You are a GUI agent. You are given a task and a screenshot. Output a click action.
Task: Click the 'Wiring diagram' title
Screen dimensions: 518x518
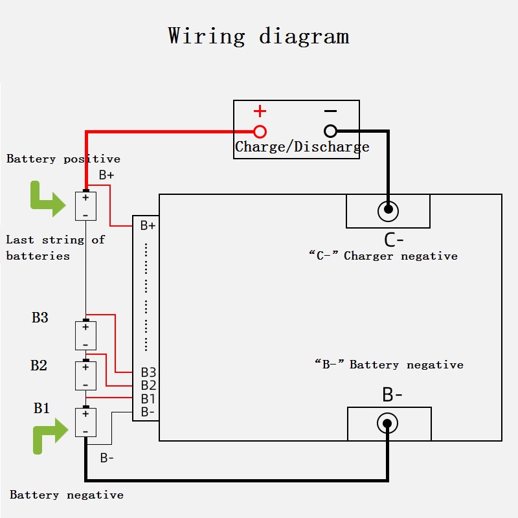point(258,36)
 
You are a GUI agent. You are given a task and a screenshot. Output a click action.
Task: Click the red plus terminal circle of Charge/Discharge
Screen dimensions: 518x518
point(260,131)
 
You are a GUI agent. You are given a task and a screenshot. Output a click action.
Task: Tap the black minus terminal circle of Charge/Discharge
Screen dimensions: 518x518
point(330,131)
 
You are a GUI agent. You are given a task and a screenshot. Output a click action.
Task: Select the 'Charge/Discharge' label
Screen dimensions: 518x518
point(302,147)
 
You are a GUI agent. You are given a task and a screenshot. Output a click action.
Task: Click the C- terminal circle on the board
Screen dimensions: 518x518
point(388,210)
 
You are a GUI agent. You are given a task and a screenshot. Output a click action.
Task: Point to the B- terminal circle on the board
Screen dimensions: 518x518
point(387,424)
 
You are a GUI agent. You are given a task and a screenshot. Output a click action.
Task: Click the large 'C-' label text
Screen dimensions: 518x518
point(394,240)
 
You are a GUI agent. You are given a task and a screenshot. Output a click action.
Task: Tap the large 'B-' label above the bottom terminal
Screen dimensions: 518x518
point(392,395)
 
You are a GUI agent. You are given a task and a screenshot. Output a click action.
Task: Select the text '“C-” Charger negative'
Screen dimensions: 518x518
point(383,256)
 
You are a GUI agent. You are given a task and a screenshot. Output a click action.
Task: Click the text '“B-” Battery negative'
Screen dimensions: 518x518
point(388,365)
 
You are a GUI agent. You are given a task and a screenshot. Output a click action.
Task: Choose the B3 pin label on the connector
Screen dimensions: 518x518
point(148,373)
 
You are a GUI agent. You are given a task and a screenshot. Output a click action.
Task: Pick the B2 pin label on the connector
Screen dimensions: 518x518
point(148,386)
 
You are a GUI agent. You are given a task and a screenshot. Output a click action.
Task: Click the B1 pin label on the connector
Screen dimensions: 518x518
point(148,399)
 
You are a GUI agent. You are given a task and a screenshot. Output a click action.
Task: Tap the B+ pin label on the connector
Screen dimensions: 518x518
point(148,226)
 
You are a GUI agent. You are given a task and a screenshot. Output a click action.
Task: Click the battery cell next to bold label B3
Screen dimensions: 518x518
point(85,335)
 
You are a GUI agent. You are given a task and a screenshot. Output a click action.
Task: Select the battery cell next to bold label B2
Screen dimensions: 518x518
point(85,376)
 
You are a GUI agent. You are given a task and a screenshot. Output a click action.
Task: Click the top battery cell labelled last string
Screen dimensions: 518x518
point(85,206)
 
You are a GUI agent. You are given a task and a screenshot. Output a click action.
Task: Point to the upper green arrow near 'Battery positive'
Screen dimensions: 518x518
point(47,199)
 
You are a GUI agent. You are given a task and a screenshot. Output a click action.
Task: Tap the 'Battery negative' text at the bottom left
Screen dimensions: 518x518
point(66,495)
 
